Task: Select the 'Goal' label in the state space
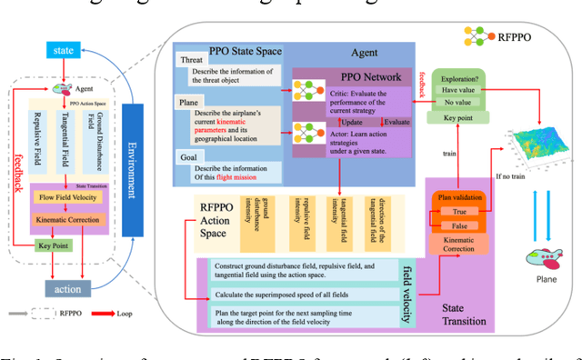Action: pos(192,158)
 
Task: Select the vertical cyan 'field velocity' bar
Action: pos(407,290)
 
